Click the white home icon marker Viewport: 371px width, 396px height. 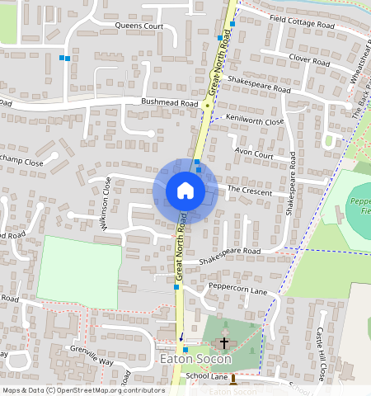pyautogui.click(x=185, y=191)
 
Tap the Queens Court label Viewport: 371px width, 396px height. pyautogui.click(x=139, y=26)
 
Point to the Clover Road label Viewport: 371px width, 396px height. pyautogui.click(x=309, y=59)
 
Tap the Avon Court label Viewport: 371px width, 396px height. pyautogui.click(x=253, y=153)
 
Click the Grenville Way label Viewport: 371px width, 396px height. pyautogui.click(x=92, y=357)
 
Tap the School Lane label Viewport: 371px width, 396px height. pyautogui.click(x=206, y=375)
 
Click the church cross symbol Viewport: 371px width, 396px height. pyautogui.click(x=223, y=342)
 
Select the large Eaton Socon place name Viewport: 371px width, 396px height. pyautogui.click(x=195, y=360)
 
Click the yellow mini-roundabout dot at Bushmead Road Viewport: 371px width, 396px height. pyautogui.click(x=207, y=105)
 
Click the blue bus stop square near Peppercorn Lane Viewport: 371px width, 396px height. pyautogui.click(x=176, y=289)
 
